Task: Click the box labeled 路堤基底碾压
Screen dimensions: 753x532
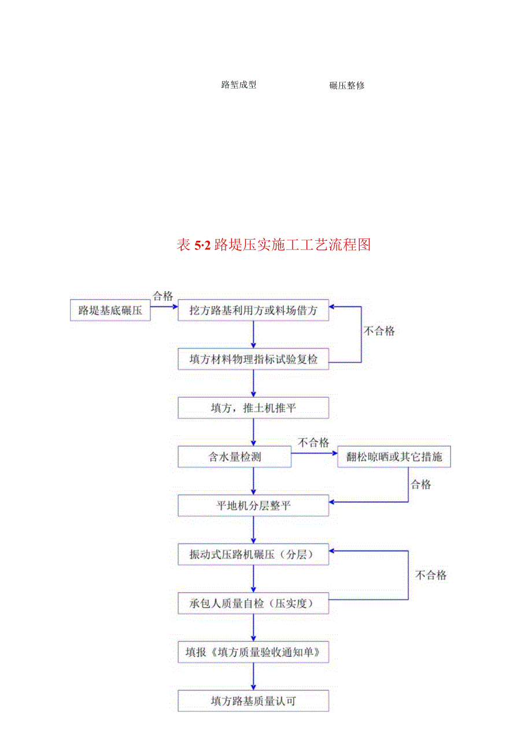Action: (x=110, y=310)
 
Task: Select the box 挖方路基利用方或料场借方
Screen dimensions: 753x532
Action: (x=253, y=310)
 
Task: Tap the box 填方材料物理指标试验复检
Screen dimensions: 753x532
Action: (x=253, y=359)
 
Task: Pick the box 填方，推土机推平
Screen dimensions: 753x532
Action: (x=253, y=408)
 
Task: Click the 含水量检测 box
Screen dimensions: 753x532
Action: (x=235, y=457)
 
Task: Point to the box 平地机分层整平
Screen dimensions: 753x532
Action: (x=253, y=506)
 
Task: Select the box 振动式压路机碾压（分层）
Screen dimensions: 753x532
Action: (x=253, y=554)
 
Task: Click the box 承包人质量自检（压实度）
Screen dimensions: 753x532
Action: (x=253, y=603)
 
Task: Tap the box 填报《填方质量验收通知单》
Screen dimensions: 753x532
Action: (x=253, y=652)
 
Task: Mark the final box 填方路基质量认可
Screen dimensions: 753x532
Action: (x=253, y=701)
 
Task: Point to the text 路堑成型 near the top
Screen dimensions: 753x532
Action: (x=238, y=85)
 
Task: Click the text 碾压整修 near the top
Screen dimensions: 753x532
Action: (x=347, y=86)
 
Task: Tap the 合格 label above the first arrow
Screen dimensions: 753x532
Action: (x=162, y=296)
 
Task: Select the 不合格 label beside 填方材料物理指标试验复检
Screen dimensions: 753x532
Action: (x=379, y=331)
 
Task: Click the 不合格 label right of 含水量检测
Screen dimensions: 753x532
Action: (x=313, y=443)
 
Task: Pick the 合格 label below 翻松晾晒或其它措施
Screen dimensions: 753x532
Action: (x=420, y=484)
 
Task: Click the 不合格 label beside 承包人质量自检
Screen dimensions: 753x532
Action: (x=431, y=575)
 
